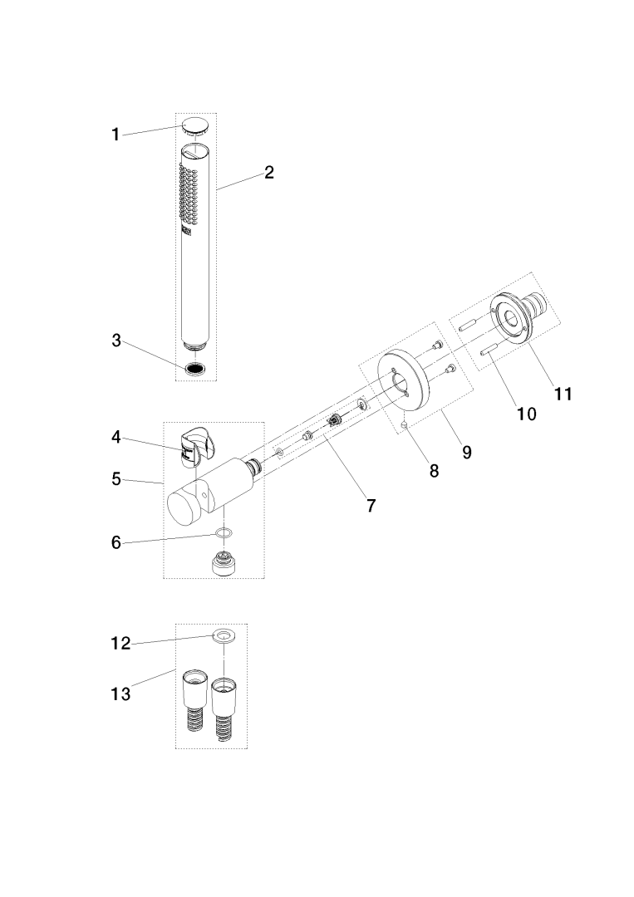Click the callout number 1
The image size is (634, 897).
coord(115,135)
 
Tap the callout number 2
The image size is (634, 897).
coord(268,173)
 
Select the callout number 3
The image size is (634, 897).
coord(115,340)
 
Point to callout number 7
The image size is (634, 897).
coord(371,504)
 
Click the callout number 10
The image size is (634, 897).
coord(526,414)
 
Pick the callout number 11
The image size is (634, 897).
coord(563,394)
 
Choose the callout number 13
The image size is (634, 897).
coord(120,694)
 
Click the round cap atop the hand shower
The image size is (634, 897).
coord(194,128)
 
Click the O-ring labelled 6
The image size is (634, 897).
coord(223,533)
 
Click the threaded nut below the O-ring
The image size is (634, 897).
coord(222,566)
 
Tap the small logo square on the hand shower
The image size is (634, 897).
coord(186,233)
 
